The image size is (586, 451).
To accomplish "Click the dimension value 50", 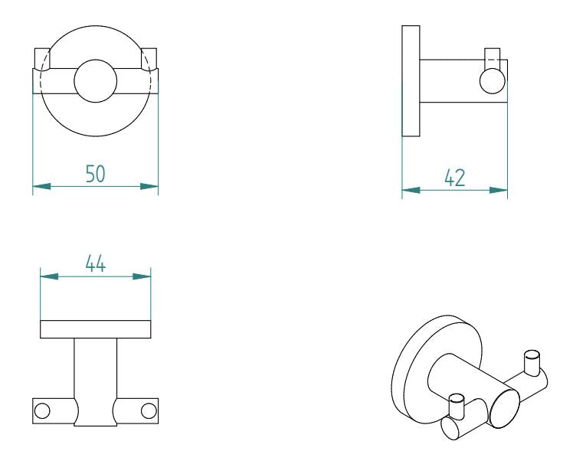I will (x=95, y=174).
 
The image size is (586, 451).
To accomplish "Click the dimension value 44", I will (x=95, y=264).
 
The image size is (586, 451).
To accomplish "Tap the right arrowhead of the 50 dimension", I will (x=149, y=186).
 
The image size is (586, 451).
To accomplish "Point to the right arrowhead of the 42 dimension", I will (x=499, y=189).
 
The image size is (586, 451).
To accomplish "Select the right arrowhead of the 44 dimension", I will (x=142, y=276).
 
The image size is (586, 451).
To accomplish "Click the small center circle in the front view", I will (x=95, y=80).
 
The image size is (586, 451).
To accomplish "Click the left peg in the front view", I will (x=41, y=59).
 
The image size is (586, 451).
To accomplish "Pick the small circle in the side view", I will (x=492, y=80).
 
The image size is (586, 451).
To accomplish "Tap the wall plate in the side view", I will (x=411, y=80).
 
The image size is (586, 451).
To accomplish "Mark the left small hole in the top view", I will (x=43, y=410).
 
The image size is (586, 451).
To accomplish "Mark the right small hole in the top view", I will (x=148, y=410).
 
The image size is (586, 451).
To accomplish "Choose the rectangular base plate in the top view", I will (x=95, y=329).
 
